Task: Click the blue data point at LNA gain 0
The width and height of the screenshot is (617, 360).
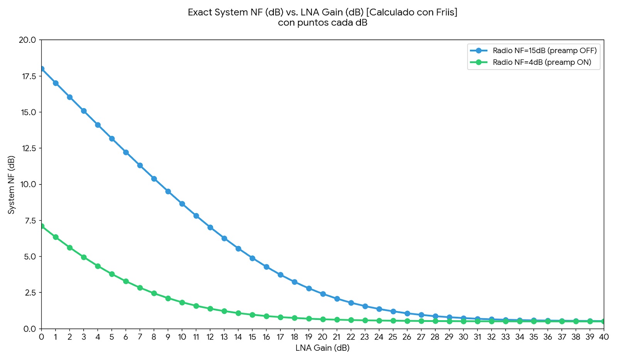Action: coord(42,69)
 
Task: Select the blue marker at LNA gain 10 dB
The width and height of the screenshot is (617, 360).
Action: coord(182,204)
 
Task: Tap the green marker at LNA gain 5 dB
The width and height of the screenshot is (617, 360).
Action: coord(112,274)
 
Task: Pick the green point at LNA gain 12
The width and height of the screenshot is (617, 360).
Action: coord(210,308)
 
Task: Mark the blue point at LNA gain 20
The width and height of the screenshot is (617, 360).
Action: coord(323,294)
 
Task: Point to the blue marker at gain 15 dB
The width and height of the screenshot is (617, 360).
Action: coord(252,258)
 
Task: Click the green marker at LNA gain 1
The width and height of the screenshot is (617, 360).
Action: coord(56,237)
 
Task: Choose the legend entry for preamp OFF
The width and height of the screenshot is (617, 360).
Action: coord(533,51)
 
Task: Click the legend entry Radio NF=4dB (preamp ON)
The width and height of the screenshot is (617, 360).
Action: coord(530,62)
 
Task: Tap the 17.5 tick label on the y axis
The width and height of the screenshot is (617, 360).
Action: coord(29,76)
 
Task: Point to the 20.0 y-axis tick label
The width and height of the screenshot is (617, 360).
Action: coord(27,40)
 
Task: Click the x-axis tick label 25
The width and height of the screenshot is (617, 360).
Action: coord(393,337)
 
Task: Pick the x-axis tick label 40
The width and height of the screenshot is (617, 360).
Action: coord(604,337)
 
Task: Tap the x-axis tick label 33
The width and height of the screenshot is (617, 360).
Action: coord(506,337)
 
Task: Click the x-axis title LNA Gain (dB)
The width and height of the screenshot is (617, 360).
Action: coord(322,348)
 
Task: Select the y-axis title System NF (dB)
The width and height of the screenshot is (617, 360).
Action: coord(11,185)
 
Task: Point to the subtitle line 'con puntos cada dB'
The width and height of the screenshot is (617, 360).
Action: coord(322,23)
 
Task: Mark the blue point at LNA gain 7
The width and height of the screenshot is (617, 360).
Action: coord(140,166)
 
